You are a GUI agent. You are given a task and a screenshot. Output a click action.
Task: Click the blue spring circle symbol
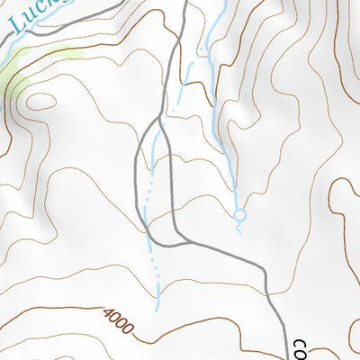(x=239, y=215)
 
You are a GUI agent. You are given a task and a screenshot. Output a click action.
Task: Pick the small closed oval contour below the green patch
(x=40, y=100)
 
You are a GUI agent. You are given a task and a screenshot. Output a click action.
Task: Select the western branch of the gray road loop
(x=138, y=180)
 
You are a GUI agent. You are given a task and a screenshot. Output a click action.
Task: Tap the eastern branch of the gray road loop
(x=170, y=180)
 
